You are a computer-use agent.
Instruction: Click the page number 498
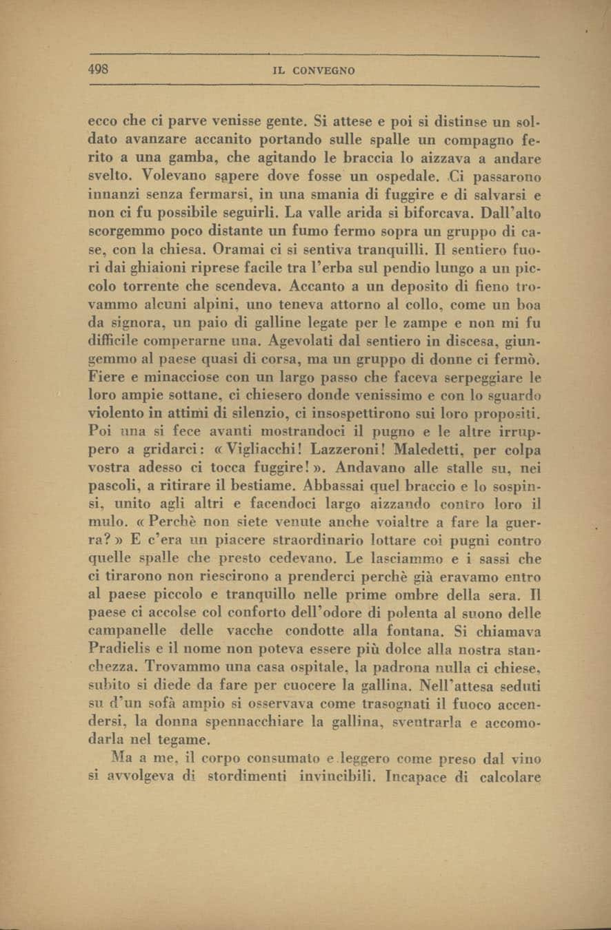coord(101,69)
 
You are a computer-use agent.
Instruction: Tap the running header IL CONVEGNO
coord(314,70)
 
